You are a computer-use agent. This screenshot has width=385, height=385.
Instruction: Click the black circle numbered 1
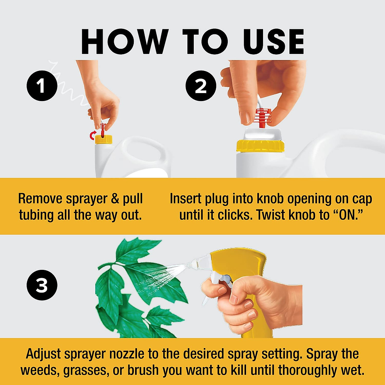pyautogui.click(x=41, y=86)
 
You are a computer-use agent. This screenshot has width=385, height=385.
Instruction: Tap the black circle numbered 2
pyautogui.click(x=201, y=86)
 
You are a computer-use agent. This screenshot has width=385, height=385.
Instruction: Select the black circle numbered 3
pyautogui.click(x=42, y=285)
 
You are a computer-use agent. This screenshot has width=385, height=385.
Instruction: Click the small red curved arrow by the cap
pyautogui.click(x=93, y=136)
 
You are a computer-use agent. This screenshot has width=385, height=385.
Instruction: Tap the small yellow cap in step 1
pyautogui.click(x=104, y=140)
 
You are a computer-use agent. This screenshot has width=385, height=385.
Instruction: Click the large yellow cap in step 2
pyautogui.click(x=260, y=146)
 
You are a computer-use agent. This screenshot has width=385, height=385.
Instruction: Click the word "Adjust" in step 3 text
pyautogui.click(x=43, y=354)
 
